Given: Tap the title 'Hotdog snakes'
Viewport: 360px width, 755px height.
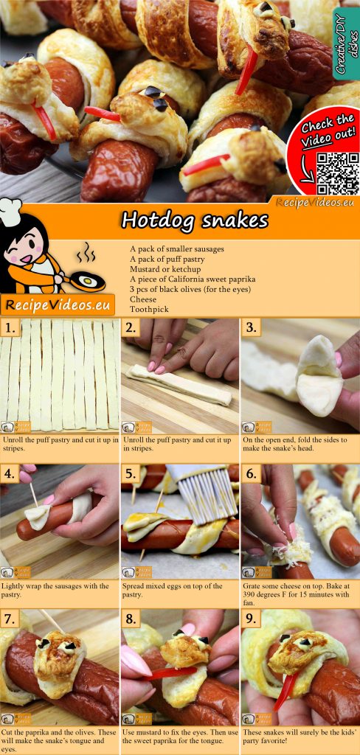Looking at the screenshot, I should [195, 220].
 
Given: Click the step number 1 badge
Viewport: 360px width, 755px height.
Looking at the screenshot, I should [10, 328].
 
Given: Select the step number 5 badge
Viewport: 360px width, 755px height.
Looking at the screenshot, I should [131, 473].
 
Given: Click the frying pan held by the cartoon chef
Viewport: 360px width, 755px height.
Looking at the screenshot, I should [86, 280].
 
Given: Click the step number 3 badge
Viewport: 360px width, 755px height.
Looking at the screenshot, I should [252, 328].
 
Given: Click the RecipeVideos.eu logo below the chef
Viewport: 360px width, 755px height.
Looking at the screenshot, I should [58, 304].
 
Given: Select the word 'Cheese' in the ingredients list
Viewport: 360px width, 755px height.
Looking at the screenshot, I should [143, 300].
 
